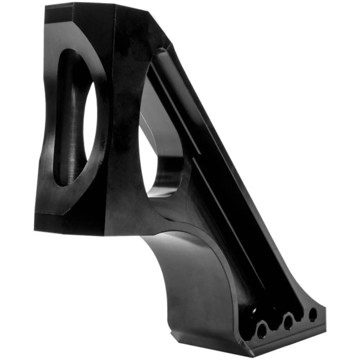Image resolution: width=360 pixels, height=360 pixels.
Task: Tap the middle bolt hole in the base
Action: click(x=288, y=322)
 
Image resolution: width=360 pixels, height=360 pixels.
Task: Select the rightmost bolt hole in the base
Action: click(x=312, y=314)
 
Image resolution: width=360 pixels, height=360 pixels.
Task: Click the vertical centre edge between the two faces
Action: click(x=109, y=129)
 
